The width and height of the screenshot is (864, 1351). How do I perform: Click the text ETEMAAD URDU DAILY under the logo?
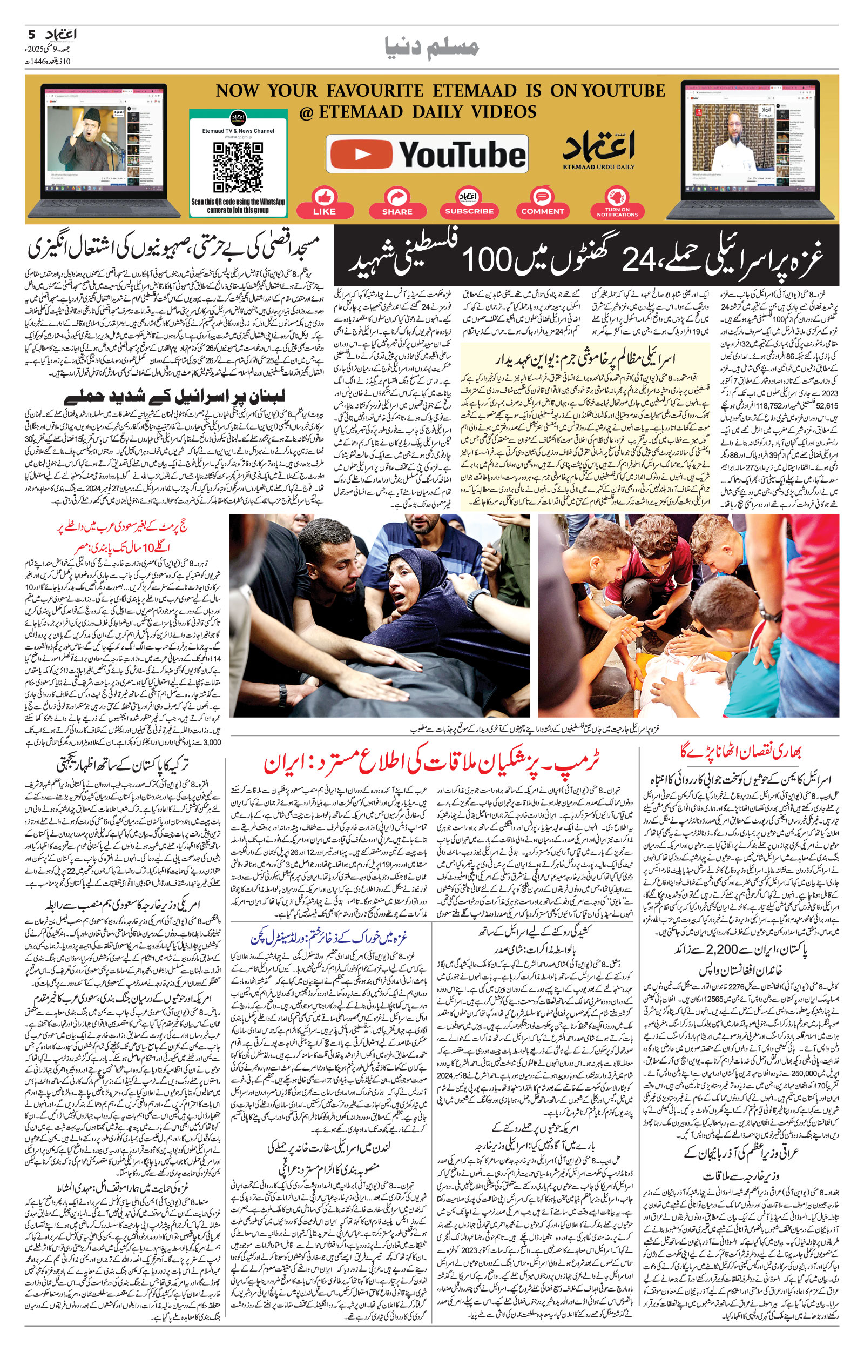[599, 166]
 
